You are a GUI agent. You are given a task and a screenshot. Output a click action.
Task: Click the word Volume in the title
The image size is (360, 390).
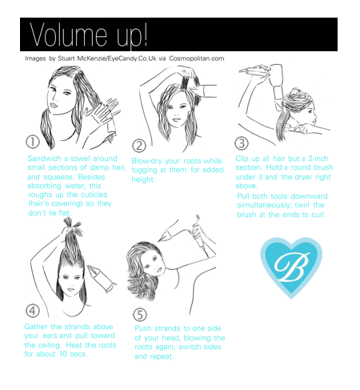pyautogui.click(x=68, y=34)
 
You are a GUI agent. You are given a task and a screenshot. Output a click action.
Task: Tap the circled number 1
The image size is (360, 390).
pyautogui.click(x=33, y=142)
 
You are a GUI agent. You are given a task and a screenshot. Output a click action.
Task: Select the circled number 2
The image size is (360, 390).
pyautogui.click(x=139, y=146)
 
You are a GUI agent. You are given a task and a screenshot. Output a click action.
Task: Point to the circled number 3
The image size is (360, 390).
pyautogui.click(x=242, y=143)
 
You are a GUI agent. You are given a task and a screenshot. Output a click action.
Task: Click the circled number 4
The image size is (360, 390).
pyautogui.click(x=33, y=311)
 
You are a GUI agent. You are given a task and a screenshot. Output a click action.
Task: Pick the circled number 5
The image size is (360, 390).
pyautogui.click(x=140, y=315)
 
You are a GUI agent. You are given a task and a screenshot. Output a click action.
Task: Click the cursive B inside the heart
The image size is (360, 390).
pyautogui.click(x=292, y=267)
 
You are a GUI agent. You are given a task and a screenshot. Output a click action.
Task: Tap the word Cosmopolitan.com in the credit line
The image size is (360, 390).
pyautogui.click(x=197, y=58)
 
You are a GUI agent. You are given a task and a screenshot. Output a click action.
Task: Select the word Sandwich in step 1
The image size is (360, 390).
pyautogui.click(x=45, y=159)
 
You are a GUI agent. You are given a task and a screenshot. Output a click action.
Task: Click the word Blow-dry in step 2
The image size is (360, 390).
pyautogui.click(x=146, y=161)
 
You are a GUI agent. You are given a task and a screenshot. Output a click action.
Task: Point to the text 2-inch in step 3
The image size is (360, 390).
pyautogui.click(x=318, y=159)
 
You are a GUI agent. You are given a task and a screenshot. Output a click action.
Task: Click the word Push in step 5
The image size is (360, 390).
pyautogui.click(x=143, y=328)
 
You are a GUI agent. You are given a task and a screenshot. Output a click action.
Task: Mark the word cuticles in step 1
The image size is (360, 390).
pyautogui.click(x=94, y=195)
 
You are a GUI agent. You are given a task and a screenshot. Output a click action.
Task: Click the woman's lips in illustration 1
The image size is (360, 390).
pyautogui.click(x=54, y=105)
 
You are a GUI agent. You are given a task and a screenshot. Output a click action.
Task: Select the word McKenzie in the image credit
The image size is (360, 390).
pyautogui.click(x=91, y=58)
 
